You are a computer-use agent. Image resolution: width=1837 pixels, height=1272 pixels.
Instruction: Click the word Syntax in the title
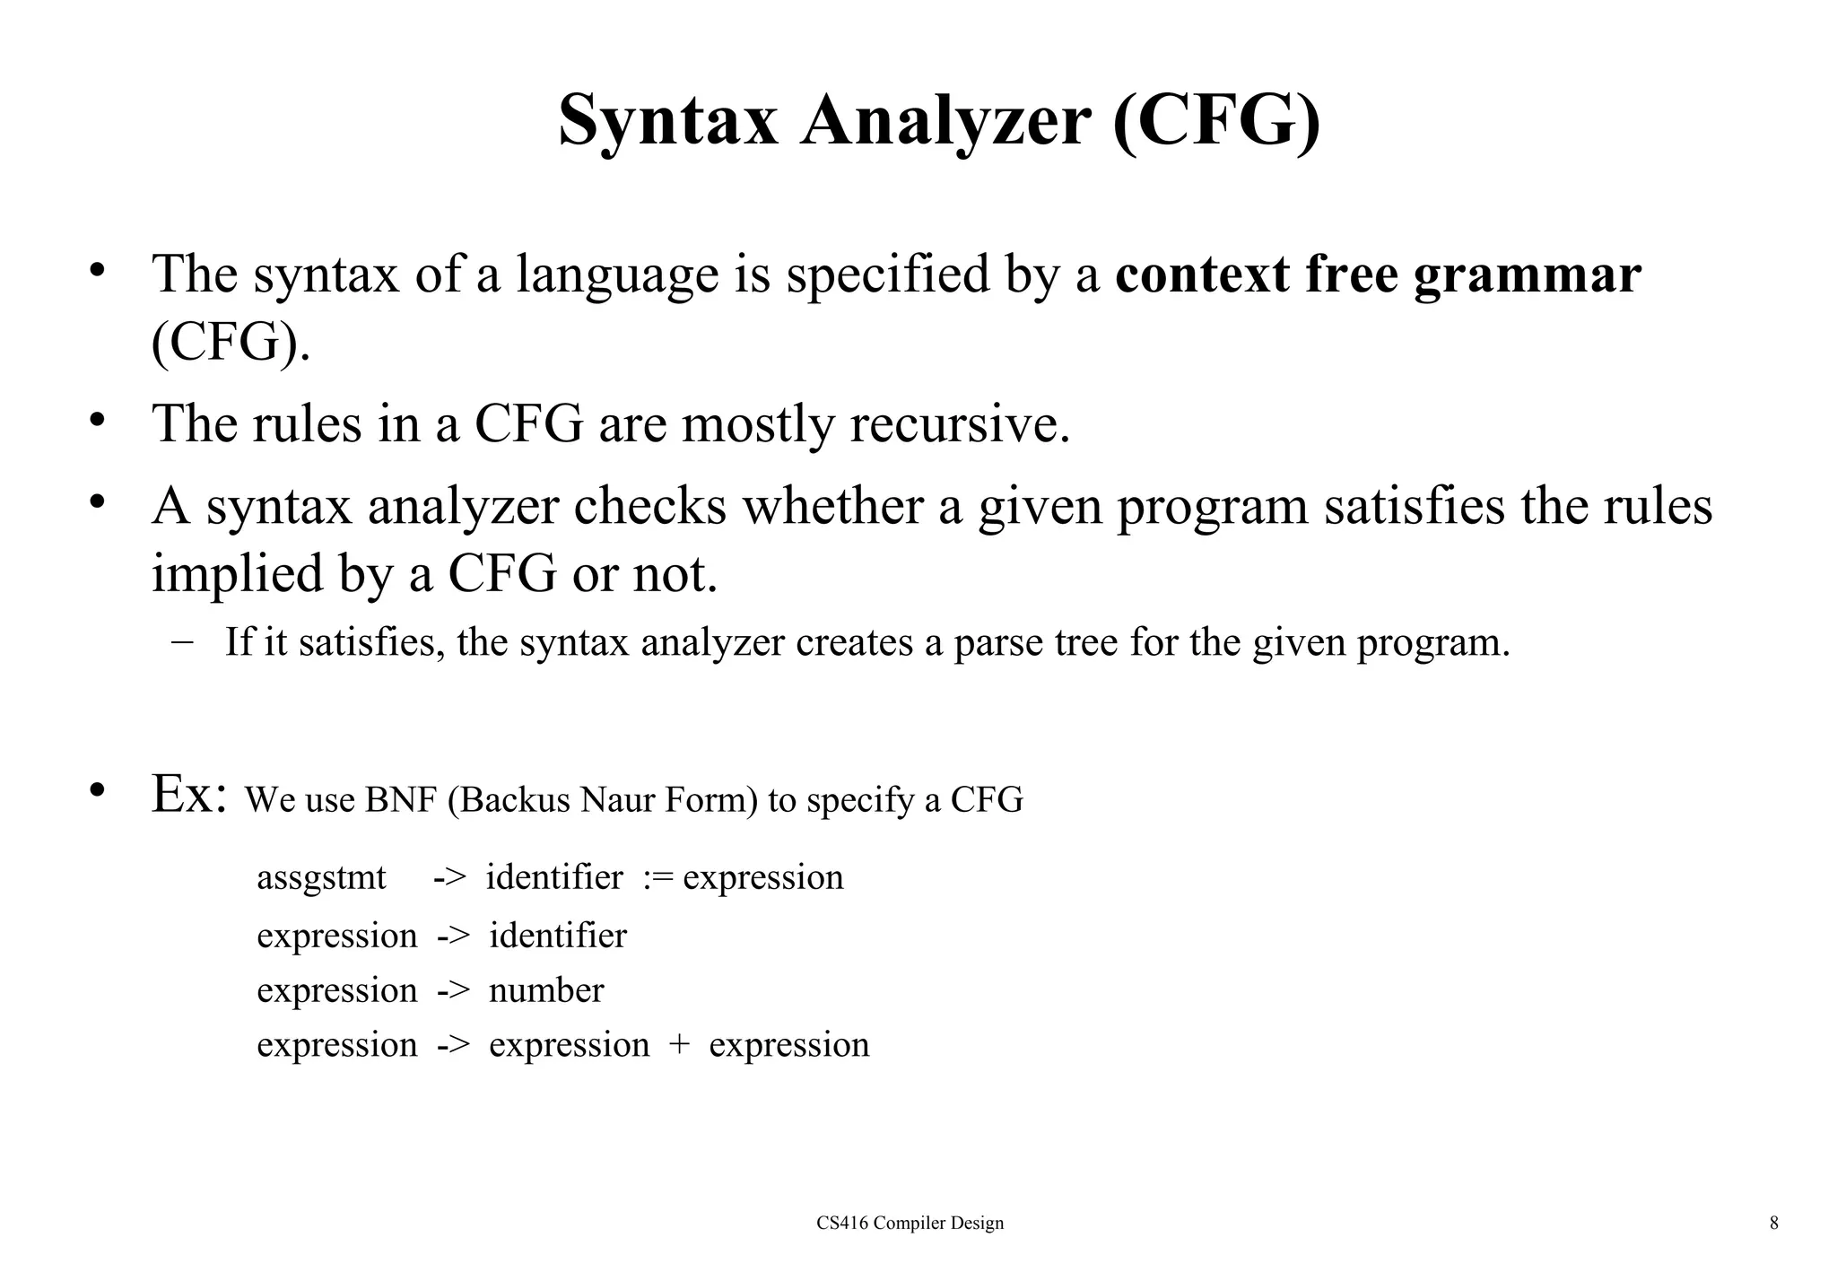(x=668, y=121)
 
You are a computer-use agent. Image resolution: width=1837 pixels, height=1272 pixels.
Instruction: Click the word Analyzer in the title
(x=945, y=121)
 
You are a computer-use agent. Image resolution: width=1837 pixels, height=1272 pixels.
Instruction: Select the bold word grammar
(x=1527, y=276)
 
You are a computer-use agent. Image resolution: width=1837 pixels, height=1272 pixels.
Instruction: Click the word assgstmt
(x=321, y=878)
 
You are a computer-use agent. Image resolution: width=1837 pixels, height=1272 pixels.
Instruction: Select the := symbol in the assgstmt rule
(x=657, y=878)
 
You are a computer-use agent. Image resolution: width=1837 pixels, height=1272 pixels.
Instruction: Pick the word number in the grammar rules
(x=546, y=990)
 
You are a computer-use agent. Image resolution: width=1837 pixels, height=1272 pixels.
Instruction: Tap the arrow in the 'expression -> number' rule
(x=453, y=990)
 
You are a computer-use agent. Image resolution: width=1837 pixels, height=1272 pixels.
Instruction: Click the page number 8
(x=1773, y=1223)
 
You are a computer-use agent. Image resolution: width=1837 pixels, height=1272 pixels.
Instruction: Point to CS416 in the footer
(x=841, y=1223)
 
